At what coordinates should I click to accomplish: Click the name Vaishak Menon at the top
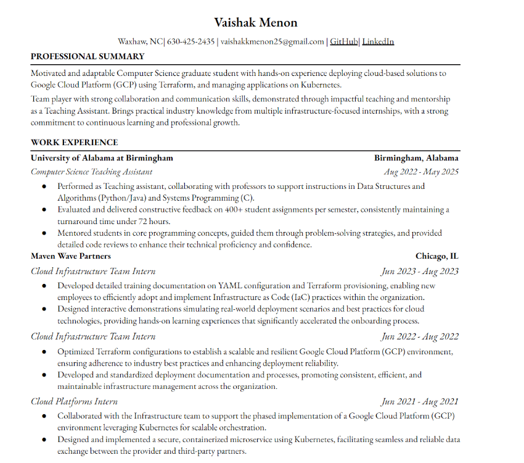tap(256, 23)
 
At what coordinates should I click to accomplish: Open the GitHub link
tap(344, 42)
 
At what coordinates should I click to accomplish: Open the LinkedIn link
tap(378, 42)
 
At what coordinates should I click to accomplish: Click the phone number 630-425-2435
tap(190, 42)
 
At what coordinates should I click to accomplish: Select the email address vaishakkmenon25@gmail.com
tap(272, 42)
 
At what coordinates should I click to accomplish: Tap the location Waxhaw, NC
tap(140, 42)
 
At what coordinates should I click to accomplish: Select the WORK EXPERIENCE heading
tap(74, 143)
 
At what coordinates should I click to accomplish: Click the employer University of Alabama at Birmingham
tap(102, 158)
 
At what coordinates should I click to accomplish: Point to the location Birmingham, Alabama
tap(416, 158)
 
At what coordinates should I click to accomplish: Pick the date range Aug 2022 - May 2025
tap(421, 172)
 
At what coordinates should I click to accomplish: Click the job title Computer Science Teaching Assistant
tap(91, 172)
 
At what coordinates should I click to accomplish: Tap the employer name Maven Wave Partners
tap(71, 256)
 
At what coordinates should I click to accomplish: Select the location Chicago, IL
tap(437, 256)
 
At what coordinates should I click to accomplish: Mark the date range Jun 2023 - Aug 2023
tap(420, 271)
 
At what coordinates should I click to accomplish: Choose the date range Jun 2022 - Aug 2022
tap(420, 336)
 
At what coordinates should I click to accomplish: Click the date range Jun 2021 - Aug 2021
tap(420, 402)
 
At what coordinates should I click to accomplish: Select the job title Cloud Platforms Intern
tap(74, 402)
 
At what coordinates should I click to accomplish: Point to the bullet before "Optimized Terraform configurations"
tap(44, 352)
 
